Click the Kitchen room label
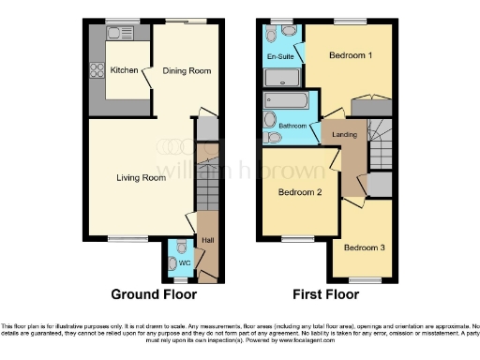click(x=124, y=70)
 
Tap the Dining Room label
click(x=187, y=70)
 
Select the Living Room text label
click(x=141, y=177)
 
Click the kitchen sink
click(x=119, y=34)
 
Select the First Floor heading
click(x=324, y=294)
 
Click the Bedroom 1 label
click(x=351, y=55)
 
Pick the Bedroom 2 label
click(x=300, y=193)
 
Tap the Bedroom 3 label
click(x=362, y=248)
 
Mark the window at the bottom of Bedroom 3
click(x=364, y=278)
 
